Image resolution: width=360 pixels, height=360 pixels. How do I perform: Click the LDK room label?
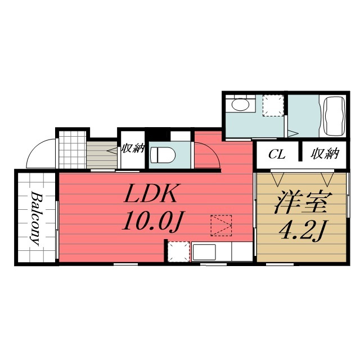pyautogui.click(x=150, y=193)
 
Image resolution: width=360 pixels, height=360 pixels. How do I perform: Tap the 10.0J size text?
pyautogui.click(x=152, y=221)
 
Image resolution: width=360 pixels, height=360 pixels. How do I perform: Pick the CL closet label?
pyautogui.click(x=277, y=154)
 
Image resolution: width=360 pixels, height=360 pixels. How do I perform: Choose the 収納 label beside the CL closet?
pyautogui.click(x=325, y=154)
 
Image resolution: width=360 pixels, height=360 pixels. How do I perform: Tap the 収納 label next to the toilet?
pyautogui.click(x=133, y=148)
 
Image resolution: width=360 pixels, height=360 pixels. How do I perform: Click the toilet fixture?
pyautogui.click(x=163, y=155)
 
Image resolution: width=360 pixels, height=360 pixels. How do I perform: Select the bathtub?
pyautogui.click(x=334, y=116)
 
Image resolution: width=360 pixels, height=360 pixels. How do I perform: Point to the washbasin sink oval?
pyautogui.click(x=240, y=105)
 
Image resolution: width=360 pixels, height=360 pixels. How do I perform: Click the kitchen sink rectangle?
pyautogui.click(x=204, y=252)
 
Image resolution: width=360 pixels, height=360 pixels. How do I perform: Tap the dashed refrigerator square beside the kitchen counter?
pyautogui.click(x=179, y=251)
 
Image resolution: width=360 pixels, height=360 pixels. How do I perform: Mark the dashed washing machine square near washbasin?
pyautogui.click(x=273, y=105)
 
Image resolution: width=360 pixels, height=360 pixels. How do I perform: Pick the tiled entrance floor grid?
pyautogui.click(x=73, y=150)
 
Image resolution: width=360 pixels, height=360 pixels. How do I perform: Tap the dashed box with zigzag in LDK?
pyautogui.click(x=221, y=226)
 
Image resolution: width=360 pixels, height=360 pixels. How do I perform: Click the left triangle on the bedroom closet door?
pyautogui.click(x=277, y=179)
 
